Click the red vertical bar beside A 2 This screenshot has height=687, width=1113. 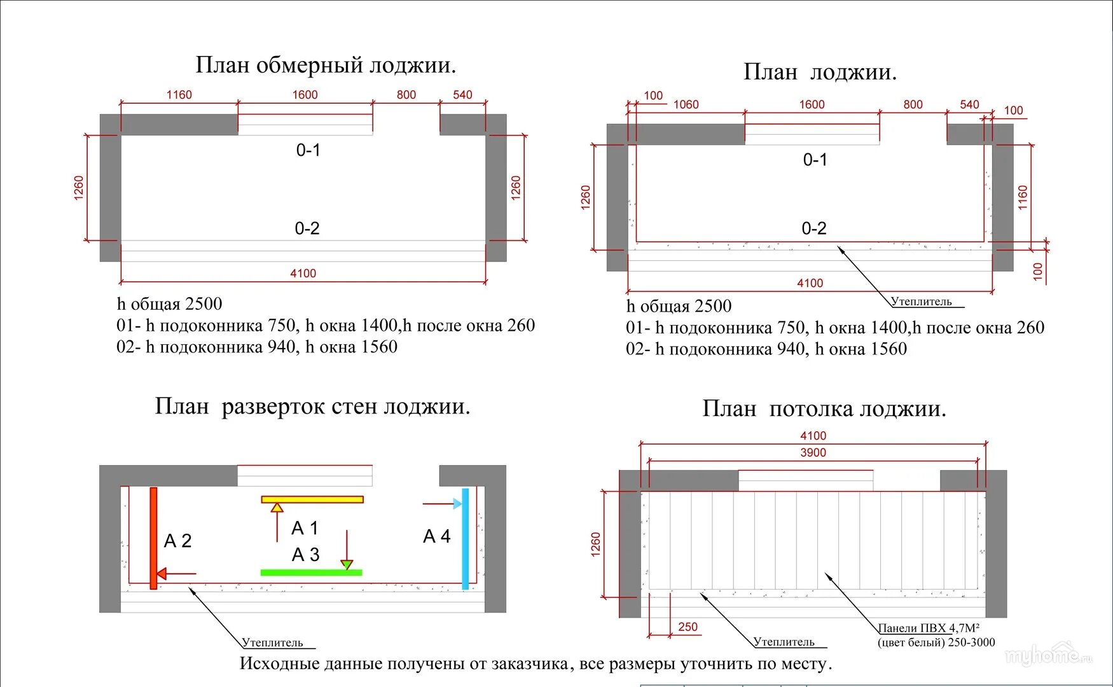point(153,538)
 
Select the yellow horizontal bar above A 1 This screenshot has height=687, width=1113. point(312,499)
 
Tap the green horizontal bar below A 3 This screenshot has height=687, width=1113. point(311,572)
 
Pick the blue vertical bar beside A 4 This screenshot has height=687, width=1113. point(466,538)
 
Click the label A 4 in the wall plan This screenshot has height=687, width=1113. point(436,536)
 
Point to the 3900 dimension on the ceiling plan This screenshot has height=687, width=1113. point(813,453)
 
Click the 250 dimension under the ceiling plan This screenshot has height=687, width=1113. point(688,627)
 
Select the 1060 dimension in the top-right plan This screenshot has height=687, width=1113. point(686,104)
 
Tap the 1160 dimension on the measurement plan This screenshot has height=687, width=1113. point(179,95)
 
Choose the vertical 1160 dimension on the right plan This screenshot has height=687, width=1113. point(1022,197)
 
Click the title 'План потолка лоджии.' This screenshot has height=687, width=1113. point(824,408)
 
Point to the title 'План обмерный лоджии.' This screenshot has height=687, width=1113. point(326,65)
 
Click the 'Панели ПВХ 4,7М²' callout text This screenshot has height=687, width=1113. point(929,628)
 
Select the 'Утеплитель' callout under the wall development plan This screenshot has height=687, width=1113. point(272,642)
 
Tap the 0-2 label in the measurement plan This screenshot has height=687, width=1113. point(307,228)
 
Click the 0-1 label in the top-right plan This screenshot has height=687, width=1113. point(815,160)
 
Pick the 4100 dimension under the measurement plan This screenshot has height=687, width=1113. point(303,274)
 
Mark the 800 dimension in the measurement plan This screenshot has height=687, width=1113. point(406,95)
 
